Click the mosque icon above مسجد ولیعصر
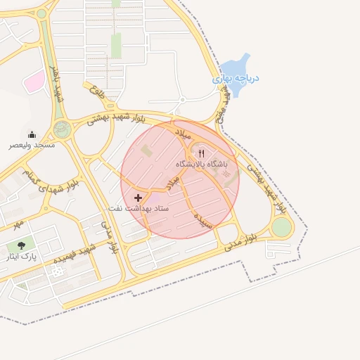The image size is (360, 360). (x=32, y=134)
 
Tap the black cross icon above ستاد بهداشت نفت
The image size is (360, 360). (x=138, y=198)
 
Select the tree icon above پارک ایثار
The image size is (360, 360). (x=21, y=245)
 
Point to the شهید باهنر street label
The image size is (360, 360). (x=56, y=84)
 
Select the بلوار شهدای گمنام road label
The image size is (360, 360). (x=50, y=179)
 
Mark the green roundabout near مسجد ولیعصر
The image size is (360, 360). (x=62, y=129)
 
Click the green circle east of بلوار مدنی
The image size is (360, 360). (x=281, y=227)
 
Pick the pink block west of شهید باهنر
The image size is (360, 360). (x=33, y=83)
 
